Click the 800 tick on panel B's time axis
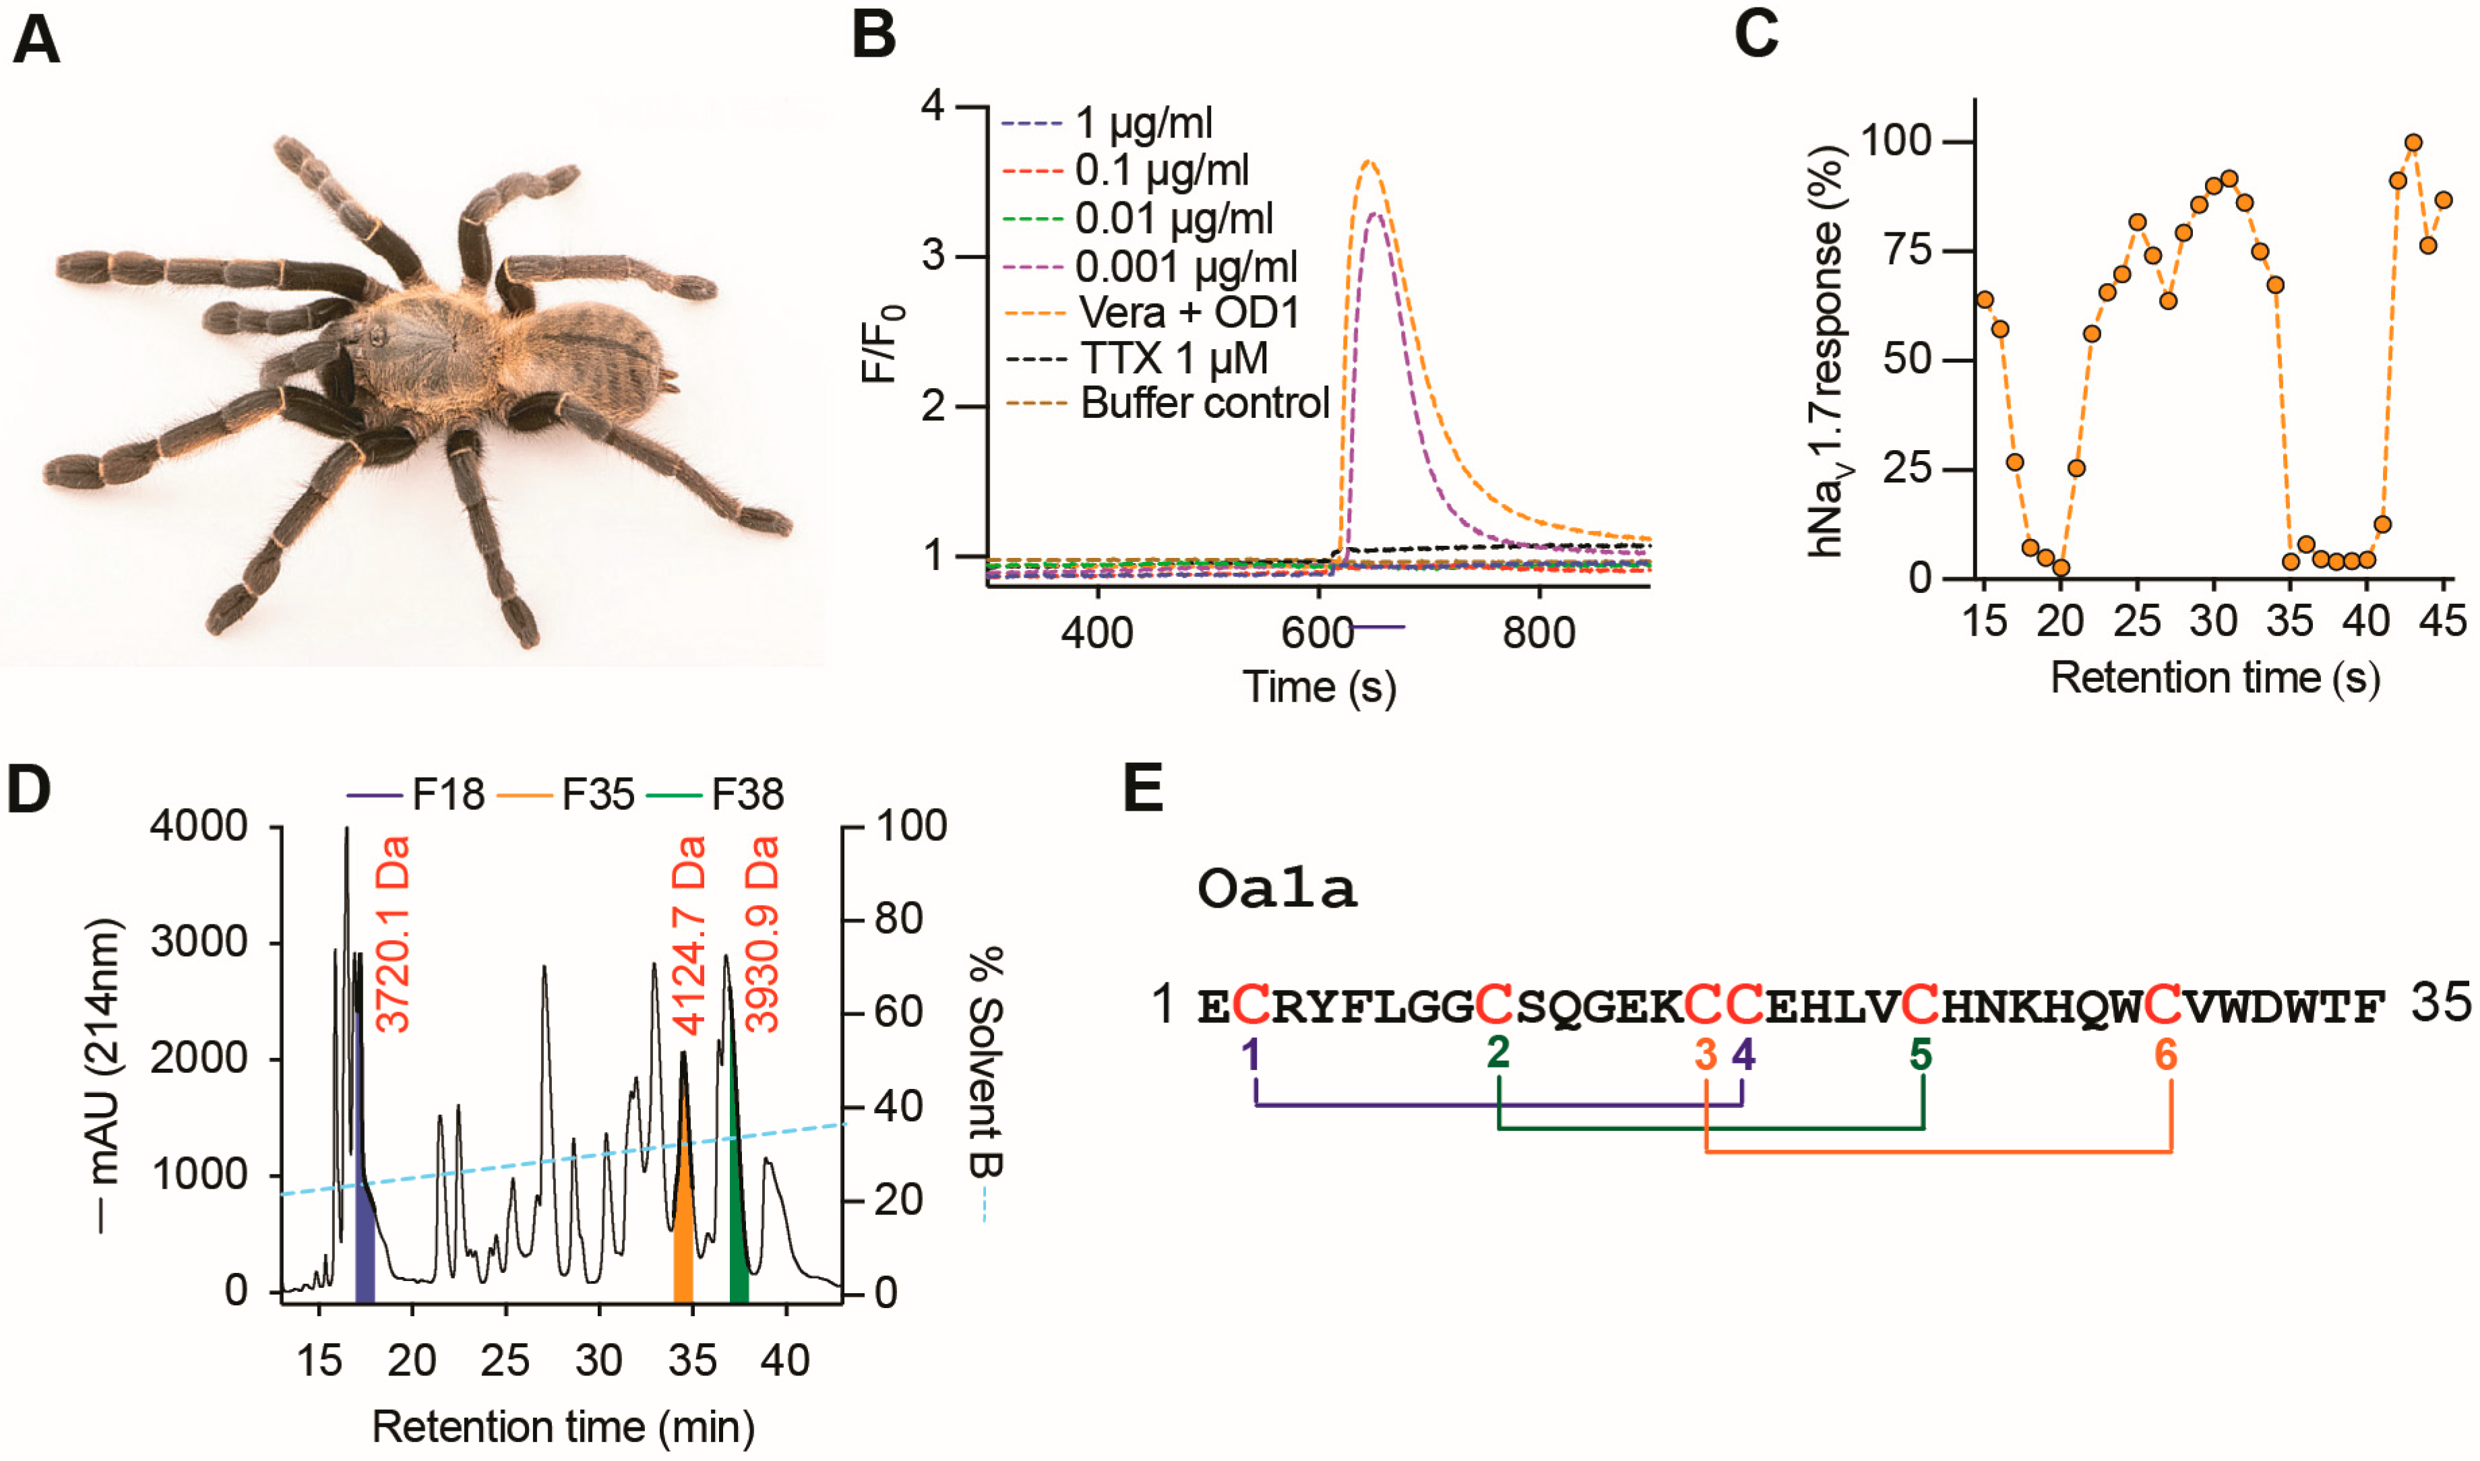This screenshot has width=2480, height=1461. [x=1539, y=632]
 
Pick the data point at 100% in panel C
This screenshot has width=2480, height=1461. [x=2413, y=143]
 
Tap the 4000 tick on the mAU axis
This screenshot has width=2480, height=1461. [x=199, y=826]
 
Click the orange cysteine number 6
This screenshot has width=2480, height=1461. [x=2166, y=1055]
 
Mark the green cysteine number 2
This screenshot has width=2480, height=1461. [x=1497, y=1053]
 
